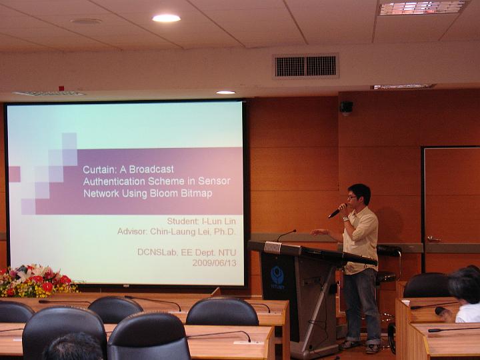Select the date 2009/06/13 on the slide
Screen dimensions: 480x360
(x=214, y=263)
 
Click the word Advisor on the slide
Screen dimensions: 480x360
(x=131, y=231)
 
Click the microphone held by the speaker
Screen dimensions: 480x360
(x=337, y=211)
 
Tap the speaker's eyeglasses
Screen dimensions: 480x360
(x=353, y=198)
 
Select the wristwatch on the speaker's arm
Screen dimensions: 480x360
(x=345, y=219)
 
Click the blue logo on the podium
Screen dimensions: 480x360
(x=277, y=275)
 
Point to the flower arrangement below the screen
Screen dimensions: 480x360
(x=37, y=281)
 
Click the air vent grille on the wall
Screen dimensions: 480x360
(x=305, y=66)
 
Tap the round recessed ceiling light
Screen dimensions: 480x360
(x=166, y=18)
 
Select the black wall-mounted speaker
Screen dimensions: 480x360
(x=346, y=107)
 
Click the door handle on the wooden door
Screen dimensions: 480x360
(x=434, y=239)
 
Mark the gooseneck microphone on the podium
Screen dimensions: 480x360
(x=286, y=235)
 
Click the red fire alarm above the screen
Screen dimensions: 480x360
(x=61, y=88)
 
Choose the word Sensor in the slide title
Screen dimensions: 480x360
(x=214, y=181)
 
